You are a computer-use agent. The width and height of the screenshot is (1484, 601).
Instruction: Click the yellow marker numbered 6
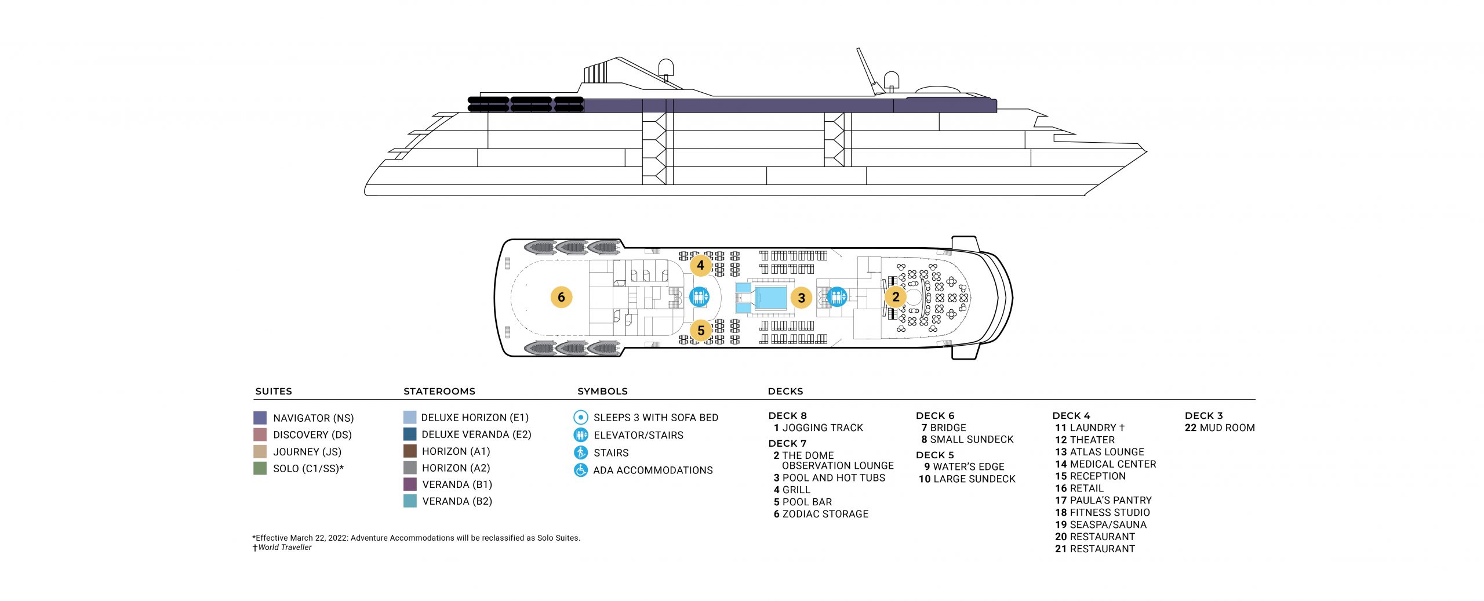tap(561, 297)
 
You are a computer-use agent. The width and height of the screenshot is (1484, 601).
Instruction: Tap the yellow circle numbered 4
tap(700, 265)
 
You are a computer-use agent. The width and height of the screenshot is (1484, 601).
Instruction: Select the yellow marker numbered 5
tap(701, 330)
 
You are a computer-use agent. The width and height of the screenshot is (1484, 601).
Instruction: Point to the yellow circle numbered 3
tap(801, 298)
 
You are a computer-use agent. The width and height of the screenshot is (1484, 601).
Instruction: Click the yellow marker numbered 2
tap(896, 296)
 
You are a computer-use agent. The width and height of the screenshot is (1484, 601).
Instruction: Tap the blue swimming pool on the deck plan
tap(770, 298)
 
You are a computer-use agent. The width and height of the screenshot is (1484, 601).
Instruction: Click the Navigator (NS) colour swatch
tap(260, 418)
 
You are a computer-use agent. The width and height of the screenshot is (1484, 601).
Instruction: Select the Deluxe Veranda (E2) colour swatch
tap(410, 434)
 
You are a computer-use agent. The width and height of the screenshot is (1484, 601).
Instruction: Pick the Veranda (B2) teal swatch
tap(410, 501)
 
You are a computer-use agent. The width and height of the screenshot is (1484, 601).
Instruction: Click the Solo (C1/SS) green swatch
tap(260, 468)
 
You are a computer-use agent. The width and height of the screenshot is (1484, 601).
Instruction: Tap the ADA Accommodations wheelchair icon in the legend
tap(581, 470)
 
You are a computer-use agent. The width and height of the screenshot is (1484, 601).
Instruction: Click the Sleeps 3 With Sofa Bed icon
tap(581, 417)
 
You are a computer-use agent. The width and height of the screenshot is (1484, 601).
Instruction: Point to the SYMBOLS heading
tap(602, 391)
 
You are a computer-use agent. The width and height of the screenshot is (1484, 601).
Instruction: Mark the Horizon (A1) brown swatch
tap(410, 451)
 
